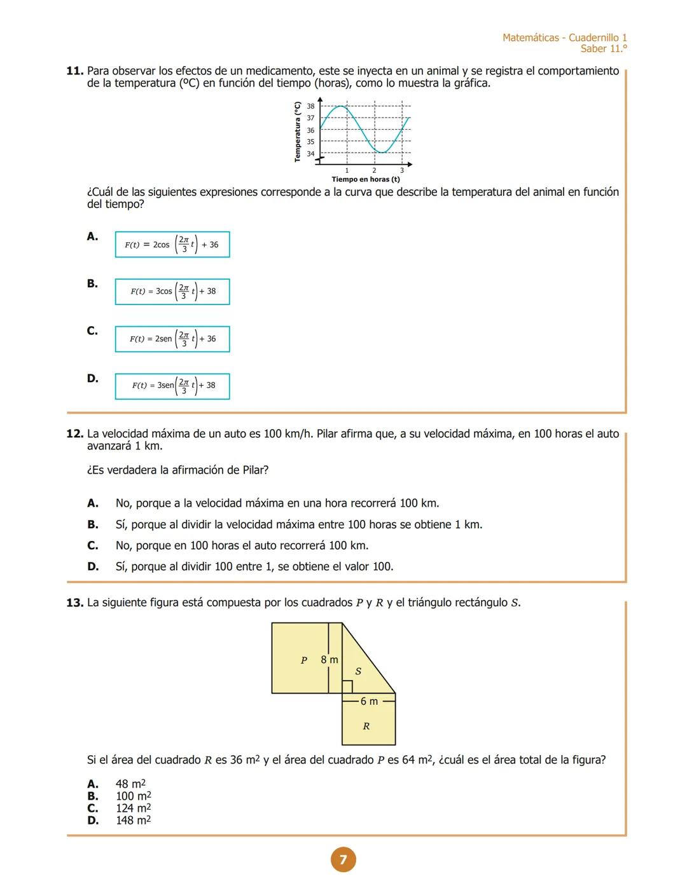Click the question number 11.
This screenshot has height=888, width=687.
(x=75, y=71)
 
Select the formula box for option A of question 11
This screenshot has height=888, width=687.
(x=172, y=245)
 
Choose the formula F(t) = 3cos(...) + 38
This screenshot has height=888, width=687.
(x=172, y=292)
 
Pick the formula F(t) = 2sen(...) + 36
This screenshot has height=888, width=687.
(x=172, y=339)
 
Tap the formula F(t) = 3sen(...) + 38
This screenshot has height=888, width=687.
(x=172, y=386)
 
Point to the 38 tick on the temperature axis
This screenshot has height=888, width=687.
(x=310, y=106)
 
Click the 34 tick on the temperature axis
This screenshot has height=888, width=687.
(x=310, y=154)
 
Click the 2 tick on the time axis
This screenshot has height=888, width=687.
(x=374, y=170)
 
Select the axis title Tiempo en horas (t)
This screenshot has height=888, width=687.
(x=365, y=180)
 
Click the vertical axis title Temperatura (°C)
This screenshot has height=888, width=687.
(x=297, y=132)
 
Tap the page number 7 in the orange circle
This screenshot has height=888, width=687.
(x=343, y=860)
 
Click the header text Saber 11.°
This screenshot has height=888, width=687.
(x=603, y=49)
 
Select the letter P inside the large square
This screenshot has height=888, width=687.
(x=303, y=660)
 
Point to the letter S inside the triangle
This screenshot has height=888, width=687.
(x=358, y=671)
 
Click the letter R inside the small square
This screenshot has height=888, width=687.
(x=366, y=726)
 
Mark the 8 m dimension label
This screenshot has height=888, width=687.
(x=329, y=660)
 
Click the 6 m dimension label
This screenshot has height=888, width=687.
(x=369, y=701)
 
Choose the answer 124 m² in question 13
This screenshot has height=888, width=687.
(x=133, y=809)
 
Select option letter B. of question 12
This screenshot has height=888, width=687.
(x=93, y=524)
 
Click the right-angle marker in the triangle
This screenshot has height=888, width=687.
(x=347, y=686)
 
